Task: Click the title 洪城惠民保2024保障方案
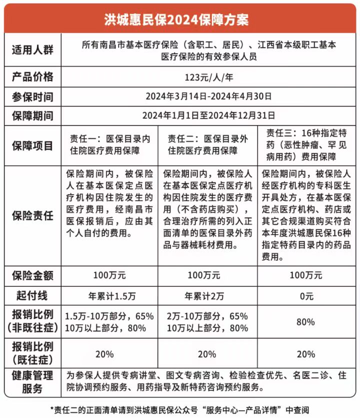pyautogui.click(x=180, y=19)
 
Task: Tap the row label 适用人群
pyautogui.click(x=32, y=51)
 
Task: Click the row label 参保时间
pyautogui.click(x=32, y=96)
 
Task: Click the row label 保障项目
pyautogui.click(x=32, y=145)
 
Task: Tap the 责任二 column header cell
pyautogui.click(x=207, y=145)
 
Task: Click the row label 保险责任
pyautogui.click(x=32, y=216)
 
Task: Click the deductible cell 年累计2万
pyautogui.click(x=207, y=295)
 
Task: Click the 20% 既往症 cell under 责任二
pyautogui.click(x=207, y=354)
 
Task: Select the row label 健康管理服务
pyautogui.click(x=32, y=382)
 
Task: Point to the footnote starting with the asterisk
pyautogui.click(x=180, y=409)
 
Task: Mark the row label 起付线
pyautogui.click(x=32, y=295)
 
